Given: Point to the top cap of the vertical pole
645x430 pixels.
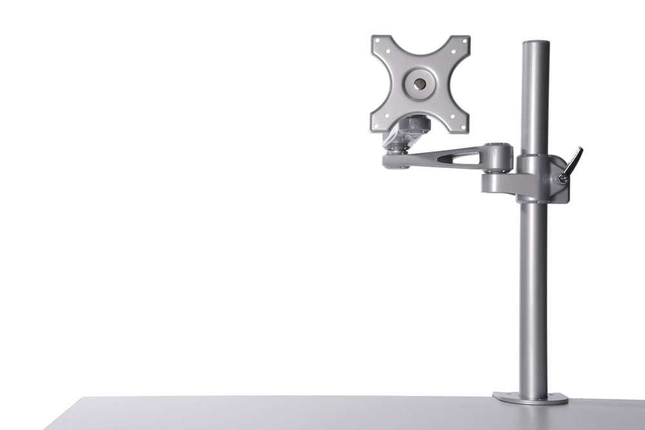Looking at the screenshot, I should click(535, 44).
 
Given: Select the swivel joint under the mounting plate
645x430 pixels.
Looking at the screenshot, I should click(394, 159).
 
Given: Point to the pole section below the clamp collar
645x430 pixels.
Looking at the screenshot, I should click(533, 290).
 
